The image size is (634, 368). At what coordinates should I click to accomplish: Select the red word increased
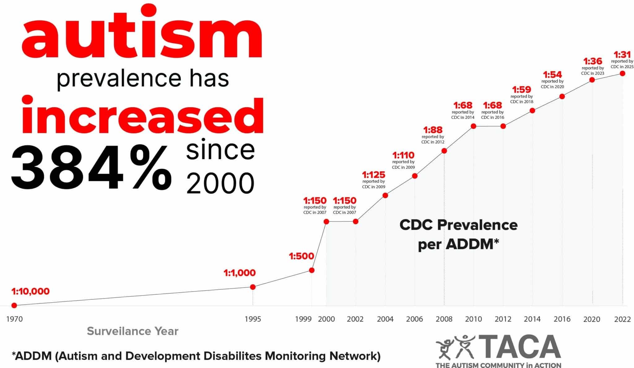pyautogui.click(x=142, y=115)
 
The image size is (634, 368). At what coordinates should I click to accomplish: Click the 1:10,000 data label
pyautogui.click(x=30, y=291)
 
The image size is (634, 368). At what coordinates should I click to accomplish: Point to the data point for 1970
pyautogui.click(x=14, y=305)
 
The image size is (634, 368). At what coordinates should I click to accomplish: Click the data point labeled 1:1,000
pyautogui.click(x=253, y=287)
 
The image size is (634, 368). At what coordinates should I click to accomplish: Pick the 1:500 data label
pyautogui.click(x=301, y=256)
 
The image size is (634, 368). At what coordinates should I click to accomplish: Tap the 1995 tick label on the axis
pyautogui.click(x=253, y=319)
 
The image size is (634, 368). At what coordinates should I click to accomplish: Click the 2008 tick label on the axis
pyautogui.click(x=444, y=319)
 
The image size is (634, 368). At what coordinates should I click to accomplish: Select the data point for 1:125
pyautogui.click(x=385, y=195)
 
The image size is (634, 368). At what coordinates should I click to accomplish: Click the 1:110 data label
pyautogui.click(x=403, y=155)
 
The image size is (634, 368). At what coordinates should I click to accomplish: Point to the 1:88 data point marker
pyautogui.click(x=444, y=151)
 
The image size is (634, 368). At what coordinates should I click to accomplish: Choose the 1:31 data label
pyautogui.click(x=622, y=55)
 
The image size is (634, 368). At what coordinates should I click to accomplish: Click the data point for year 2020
pyautogui.click(x=592, y=80)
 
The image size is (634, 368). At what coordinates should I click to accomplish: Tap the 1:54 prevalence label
pyautogui.click(x=552, y=75)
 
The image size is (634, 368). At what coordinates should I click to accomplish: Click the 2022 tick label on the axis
pyautogui.click(x=622, y=319)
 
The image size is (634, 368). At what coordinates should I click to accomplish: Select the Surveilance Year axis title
pyautogui.click(x=132, y=331)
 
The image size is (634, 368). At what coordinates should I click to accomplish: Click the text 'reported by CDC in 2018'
pyautogui.click(x=522, y=99)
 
